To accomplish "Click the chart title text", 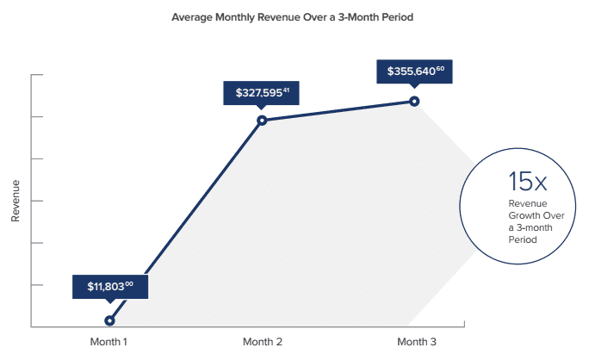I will pos(293,17).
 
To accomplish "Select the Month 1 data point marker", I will pos(109,320).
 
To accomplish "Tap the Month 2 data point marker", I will pos(262,120).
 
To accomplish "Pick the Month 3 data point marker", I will pos(414,101).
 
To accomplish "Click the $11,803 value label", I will pos(110,286).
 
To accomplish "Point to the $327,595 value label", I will pos(262,91).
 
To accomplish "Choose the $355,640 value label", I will pos(415,71).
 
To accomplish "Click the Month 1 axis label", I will pos(108,342).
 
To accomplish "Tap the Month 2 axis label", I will pos(262,342).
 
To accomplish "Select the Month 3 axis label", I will pos(414,342).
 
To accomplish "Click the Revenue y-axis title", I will pos(15,202).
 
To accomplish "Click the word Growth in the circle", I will pos(523,215).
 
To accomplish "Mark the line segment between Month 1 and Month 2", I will pos(185,220).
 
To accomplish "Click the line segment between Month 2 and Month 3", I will pos(338,110).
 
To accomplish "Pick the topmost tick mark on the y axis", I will pos(36,75).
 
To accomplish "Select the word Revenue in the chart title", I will pos(269,17).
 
